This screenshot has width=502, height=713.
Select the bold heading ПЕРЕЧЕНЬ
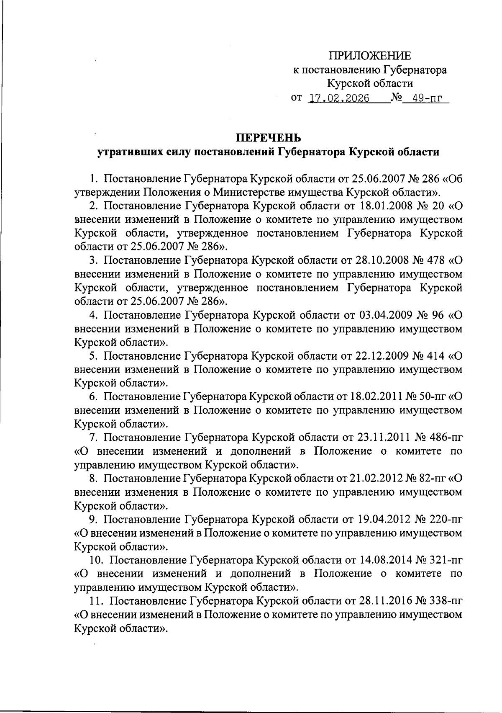pos(269,138)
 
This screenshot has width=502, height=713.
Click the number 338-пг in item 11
pos(446,602)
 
